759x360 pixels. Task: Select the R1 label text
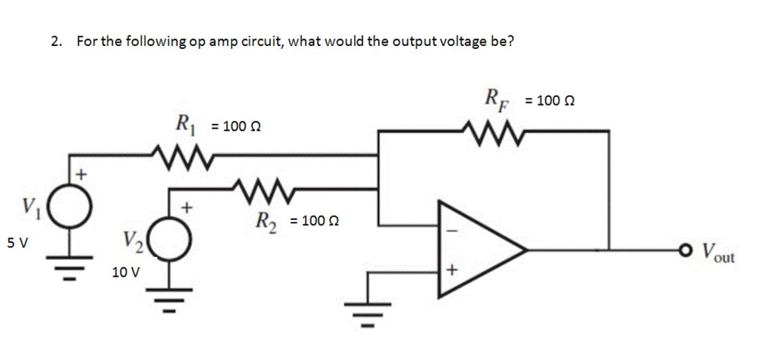pos(182,124)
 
